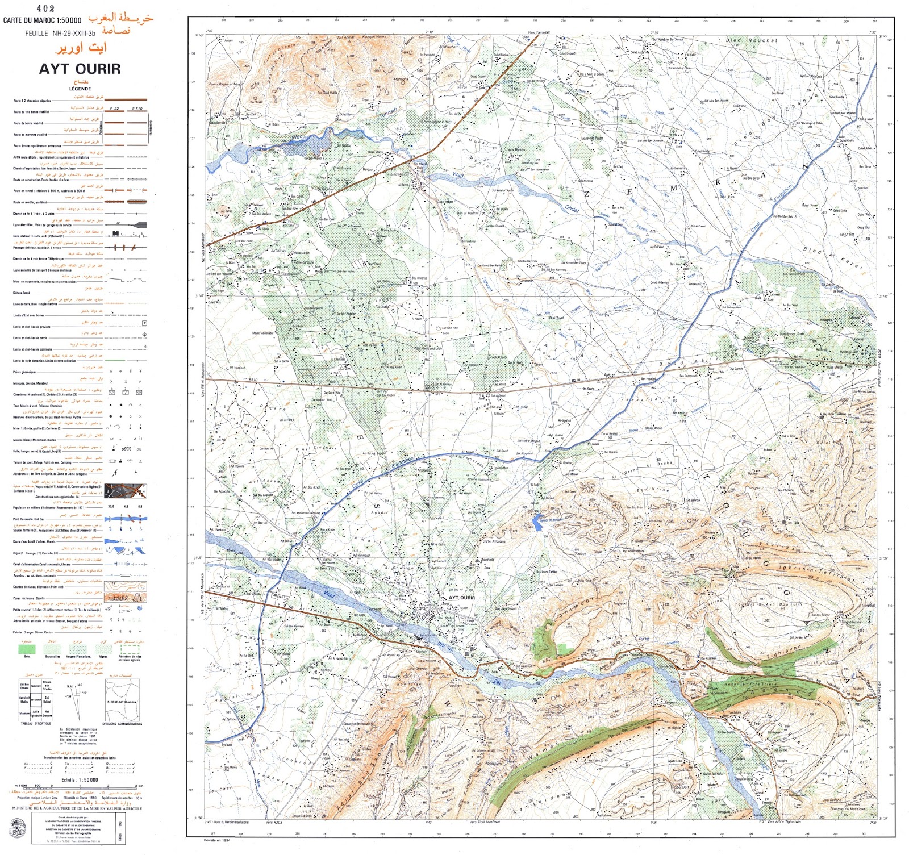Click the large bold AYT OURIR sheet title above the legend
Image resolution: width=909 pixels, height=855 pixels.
pos(80,69)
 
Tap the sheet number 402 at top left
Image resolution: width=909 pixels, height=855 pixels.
pos(45,9)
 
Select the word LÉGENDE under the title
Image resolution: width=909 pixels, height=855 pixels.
pos(80,89)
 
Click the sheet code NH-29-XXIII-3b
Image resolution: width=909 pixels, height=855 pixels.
pos(74,34)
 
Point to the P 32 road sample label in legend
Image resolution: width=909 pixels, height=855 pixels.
pos(114,109)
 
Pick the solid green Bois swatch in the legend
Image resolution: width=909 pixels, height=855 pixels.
pos(27,648)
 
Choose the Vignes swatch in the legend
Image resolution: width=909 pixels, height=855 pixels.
pos(103,648)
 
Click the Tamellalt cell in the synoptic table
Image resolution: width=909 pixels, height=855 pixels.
pos(36,686)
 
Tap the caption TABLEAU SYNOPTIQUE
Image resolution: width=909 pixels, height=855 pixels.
pos(36,724)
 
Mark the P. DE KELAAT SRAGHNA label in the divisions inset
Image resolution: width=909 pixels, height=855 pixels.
pos(122,702)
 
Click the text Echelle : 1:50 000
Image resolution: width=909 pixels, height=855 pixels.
pos(80,780)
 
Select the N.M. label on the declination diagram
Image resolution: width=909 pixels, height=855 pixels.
pos(72,686)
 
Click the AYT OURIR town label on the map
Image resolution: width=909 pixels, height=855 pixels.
pos(461,598)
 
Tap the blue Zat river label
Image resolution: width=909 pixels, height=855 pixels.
pos(497,681)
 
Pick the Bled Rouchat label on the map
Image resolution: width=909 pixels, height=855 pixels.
pos(751,41)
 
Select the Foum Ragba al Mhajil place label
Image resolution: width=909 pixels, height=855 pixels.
pos(226,84)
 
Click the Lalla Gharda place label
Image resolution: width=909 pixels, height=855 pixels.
pos(418,669)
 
